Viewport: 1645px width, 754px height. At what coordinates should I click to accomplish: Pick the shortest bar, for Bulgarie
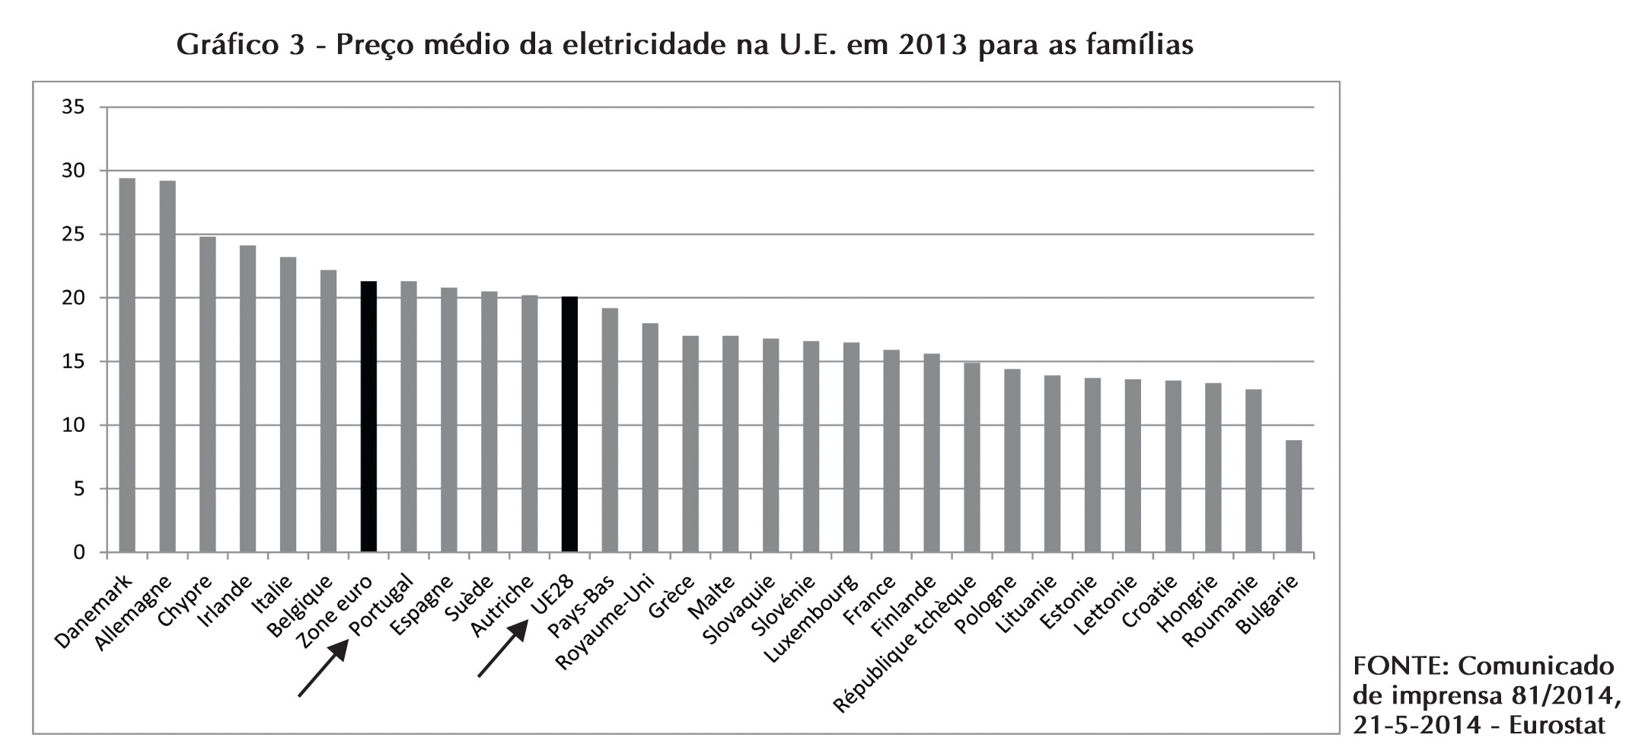[x=1293, y=496]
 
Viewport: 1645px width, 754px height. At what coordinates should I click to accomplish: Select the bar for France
[x=891, y=450]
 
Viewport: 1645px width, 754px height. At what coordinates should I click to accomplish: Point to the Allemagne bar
[x=167, y=366]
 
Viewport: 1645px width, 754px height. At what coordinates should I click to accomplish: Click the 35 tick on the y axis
[x=73, y=107]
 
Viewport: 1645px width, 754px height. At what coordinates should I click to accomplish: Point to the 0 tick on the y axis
[x=79, y=553]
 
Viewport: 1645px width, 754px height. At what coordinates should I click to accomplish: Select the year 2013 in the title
[x=934, y=45]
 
